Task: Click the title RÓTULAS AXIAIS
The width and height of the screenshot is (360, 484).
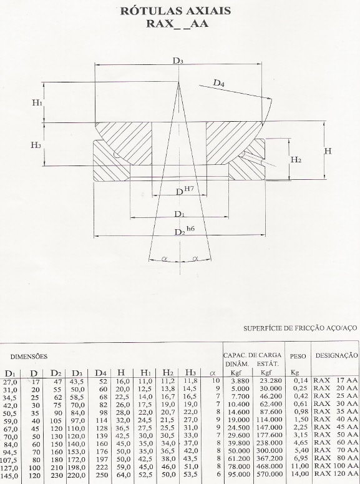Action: [x=175, y=11]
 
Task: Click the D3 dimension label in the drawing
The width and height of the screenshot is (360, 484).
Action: [x=178, y=60]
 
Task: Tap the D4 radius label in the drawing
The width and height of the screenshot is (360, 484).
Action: [x=219, y=82]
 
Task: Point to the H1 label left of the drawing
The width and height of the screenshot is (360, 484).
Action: [x=37, y=103]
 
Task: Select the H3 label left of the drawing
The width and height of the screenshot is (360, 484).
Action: [x=36, y=145]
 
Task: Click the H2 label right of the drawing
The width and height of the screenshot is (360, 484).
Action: [x=296, y=159]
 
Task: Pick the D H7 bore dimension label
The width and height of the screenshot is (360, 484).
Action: [x=185, y=190]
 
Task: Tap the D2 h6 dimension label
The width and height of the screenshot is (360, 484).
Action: [x=185, y=231]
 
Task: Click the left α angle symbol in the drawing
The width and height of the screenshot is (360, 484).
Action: [x=164, y=259]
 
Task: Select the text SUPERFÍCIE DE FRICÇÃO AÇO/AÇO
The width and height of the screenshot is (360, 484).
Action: [x=300, y=328]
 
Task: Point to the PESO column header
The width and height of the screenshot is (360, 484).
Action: [x=298, y=356]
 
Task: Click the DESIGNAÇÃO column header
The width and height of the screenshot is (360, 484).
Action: [x=336, y=355]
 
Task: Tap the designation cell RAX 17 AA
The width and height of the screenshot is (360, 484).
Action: [x=336, y=380]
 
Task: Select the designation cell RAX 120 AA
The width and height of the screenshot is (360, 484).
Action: [x=336, y=473]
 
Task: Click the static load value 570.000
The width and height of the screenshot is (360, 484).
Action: [x=270, y=474]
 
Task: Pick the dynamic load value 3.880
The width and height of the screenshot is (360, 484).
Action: [x=240, y=381]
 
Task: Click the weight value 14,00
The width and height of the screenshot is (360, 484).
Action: [x=301, y=473]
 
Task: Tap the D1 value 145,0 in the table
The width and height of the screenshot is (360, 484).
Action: [x=11, y=477]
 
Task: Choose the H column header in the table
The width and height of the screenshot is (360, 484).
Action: [x=122, y=373]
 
